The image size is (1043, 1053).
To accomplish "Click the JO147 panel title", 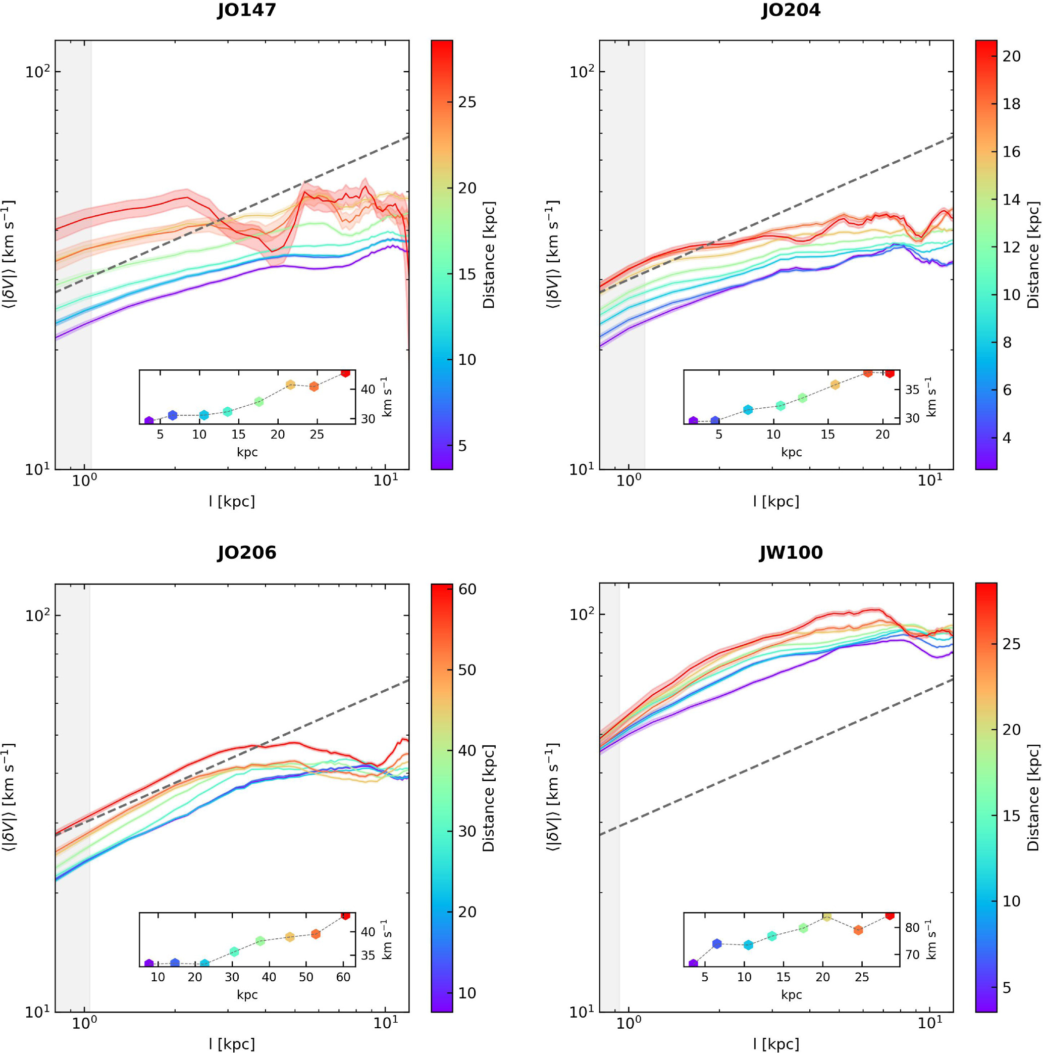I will click(x=246, y=10).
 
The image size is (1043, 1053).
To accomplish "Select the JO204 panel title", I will click(x=790, y=10).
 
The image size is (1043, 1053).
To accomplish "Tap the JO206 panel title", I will click(x=246, y=553).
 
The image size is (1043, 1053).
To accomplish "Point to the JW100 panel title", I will click(x=790, y=553).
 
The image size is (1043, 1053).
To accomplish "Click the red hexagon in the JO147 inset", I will click(x=345, y=372).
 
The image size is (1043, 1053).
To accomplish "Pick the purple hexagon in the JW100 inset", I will click(x=693, y=964).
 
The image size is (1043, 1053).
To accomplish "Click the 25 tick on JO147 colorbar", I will click(x=467, y=102).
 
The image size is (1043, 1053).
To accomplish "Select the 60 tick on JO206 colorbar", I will click(x=467, y=589).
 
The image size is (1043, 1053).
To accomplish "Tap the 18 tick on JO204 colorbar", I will click(x=1011, y=104).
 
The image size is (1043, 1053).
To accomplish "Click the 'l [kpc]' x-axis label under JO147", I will click(x=232, y=501).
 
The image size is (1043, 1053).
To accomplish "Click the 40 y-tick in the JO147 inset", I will click(x=368, y=389).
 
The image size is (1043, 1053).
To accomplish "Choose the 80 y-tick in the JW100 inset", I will click(x=912, y=928).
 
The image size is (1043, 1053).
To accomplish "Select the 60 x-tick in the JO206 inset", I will click(x=343, y=977).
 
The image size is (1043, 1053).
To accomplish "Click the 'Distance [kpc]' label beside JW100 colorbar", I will click(x=1033, y=797).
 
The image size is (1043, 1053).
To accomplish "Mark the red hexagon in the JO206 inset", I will click(x=345, y=915).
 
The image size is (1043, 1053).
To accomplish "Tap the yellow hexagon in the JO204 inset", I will click(x=835, y=385).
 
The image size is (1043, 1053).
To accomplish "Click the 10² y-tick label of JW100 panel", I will click(x=582, y=615).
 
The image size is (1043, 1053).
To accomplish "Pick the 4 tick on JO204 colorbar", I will click(x=1007, y=438).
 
